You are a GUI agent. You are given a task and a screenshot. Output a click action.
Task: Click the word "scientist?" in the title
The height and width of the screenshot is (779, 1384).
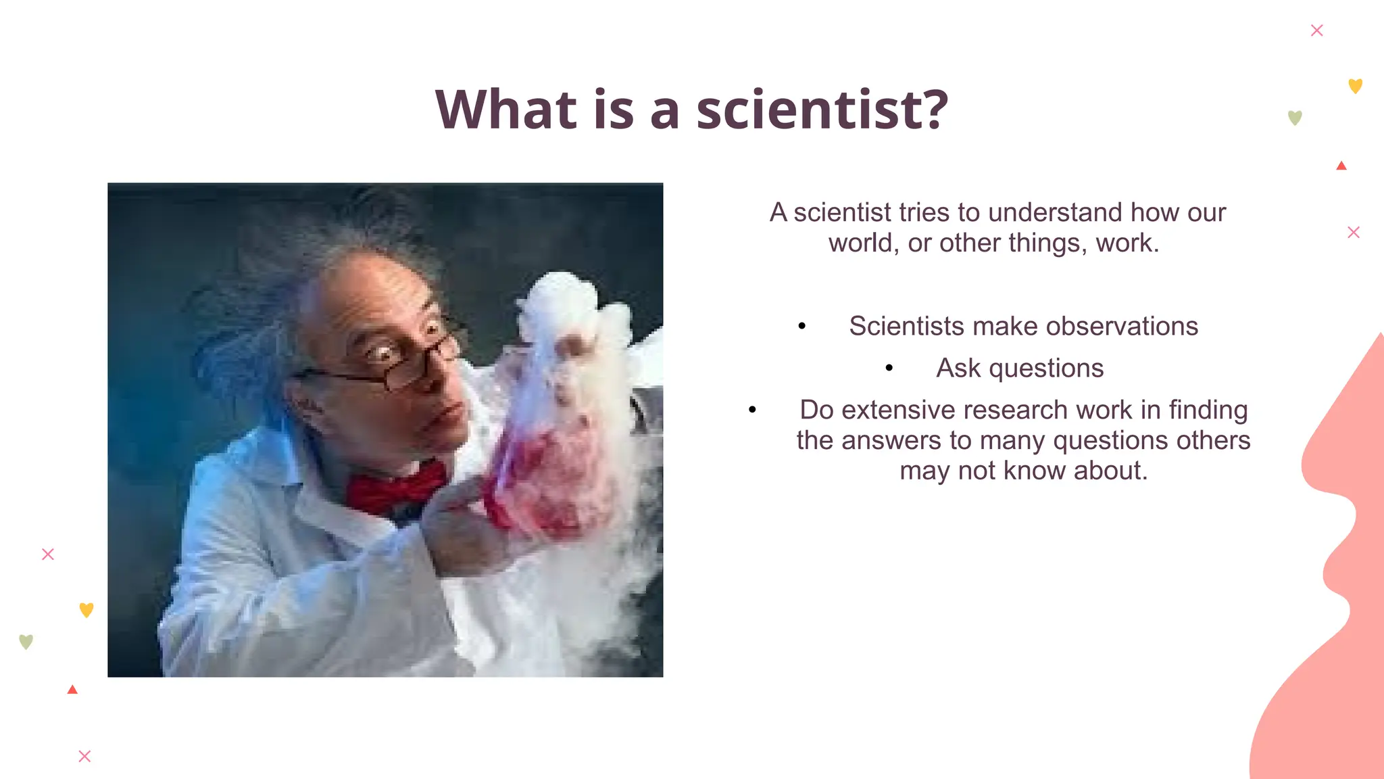822,110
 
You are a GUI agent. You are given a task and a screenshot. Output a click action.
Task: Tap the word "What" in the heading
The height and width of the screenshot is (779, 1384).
505,110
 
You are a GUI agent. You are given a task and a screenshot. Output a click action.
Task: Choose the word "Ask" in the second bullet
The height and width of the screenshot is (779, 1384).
958,368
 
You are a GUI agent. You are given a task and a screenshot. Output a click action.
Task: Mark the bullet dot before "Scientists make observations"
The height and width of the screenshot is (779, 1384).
802,327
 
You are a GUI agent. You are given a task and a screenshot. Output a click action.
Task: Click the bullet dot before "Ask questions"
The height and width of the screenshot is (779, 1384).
889,369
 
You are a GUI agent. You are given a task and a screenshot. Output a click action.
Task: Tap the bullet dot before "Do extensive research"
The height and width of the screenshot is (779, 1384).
752,410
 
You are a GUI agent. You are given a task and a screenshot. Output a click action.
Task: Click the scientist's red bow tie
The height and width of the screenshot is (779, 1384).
395,486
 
